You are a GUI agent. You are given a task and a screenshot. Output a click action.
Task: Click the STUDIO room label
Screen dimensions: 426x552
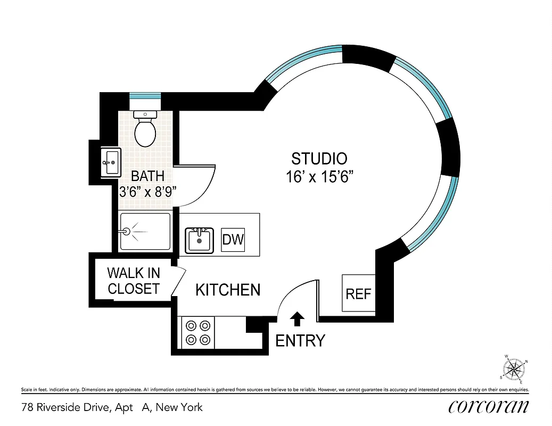pyautogui.click(x=319, y=159)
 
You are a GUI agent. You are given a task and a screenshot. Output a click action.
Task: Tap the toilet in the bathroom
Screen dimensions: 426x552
pyautogui.click(x=145, y=129)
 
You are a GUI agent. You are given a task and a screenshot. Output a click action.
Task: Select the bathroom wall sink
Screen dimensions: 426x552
pyautogui.click(x=112, y=161)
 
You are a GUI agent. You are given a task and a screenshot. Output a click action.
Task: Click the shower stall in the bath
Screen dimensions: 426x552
pyautogui.click(x=145, y=232)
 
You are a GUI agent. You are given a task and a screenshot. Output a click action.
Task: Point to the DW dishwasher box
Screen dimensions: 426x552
pyautogui.click(x=233, y=240)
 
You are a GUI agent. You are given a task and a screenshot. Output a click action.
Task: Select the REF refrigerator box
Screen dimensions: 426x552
pyautogui.click(x=358, y=293)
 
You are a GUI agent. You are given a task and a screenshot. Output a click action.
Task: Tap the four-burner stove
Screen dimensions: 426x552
pyautogui.click(x=197, y=332)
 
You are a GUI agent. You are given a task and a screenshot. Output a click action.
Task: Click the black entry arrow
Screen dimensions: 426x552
pyautogui.click(x=298, y=318)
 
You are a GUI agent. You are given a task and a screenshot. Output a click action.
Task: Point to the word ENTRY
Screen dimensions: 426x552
pyautogui.click(x=300, y=340)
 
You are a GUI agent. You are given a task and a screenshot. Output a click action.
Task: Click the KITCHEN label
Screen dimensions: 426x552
pyautogui.click(x=228, y=290)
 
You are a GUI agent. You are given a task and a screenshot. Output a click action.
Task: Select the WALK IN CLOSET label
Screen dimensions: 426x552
pyautogui.click(x=134, y=281)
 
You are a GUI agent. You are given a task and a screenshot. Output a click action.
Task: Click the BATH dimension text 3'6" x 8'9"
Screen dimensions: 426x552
pyautogui.click(x=147, y=192)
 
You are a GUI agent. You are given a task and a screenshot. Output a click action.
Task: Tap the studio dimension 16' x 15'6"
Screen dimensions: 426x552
pyautogui.click(x=320, y=177)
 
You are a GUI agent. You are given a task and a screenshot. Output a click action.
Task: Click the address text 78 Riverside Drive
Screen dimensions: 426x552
pyautogui.click(x=80, y=408)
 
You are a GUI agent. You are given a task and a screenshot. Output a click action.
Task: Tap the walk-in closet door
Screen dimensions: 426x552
pyautogui.click(x=179, y=282)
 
